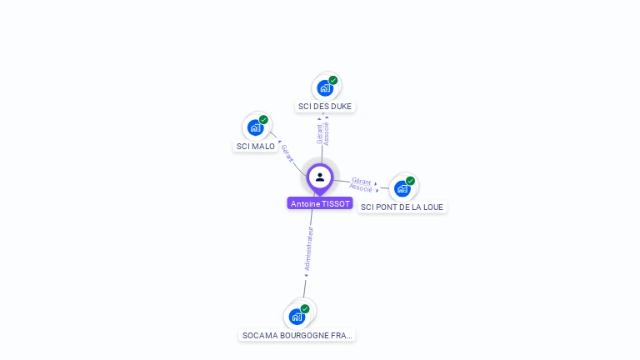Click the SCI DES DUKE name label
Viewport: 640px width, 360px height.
click(x=325, y=107)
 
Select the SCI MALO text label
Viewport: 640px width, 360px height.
click(x=256, y=147)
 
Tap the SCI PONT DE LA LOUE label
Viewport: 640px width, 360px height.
click(x=402, y=207)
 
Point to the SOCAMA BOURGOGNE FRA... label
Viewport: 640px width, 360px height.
click(x=297, y=335)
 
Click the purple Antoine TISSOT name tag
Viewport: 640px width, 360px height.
click(x=320, y=203)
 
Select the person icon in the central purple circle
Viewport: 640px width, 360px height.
click(x=320, y=177)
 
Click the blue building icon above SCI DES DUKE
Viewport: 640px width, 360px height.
click(x=324, y=87)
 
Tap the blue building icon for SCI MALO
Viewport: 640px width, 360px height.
click(x=255, y=127)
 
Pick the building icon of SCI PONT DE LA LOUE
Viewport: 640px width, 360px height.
click(x=402, y=188)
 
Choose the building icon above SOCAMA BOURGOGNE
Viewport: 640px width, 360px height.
click(x=296, y=317)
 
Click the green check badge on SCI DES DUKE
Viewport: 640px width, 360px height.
click(x=333, y=80)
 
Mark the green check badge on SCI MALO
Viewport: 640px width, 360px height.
click(x=263, y=120)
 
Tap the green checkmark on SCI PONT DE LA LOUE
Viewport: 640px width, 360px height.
click(x=411, y=180)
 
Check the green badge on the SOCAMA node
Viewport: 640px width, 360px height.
click(x=305, y=308)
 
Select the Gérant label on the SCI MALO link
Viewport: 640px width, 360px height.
click(x=286, y=152)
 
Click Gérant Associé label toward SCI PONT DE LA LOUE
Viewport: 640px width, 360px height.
click(x=362, y=184)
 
